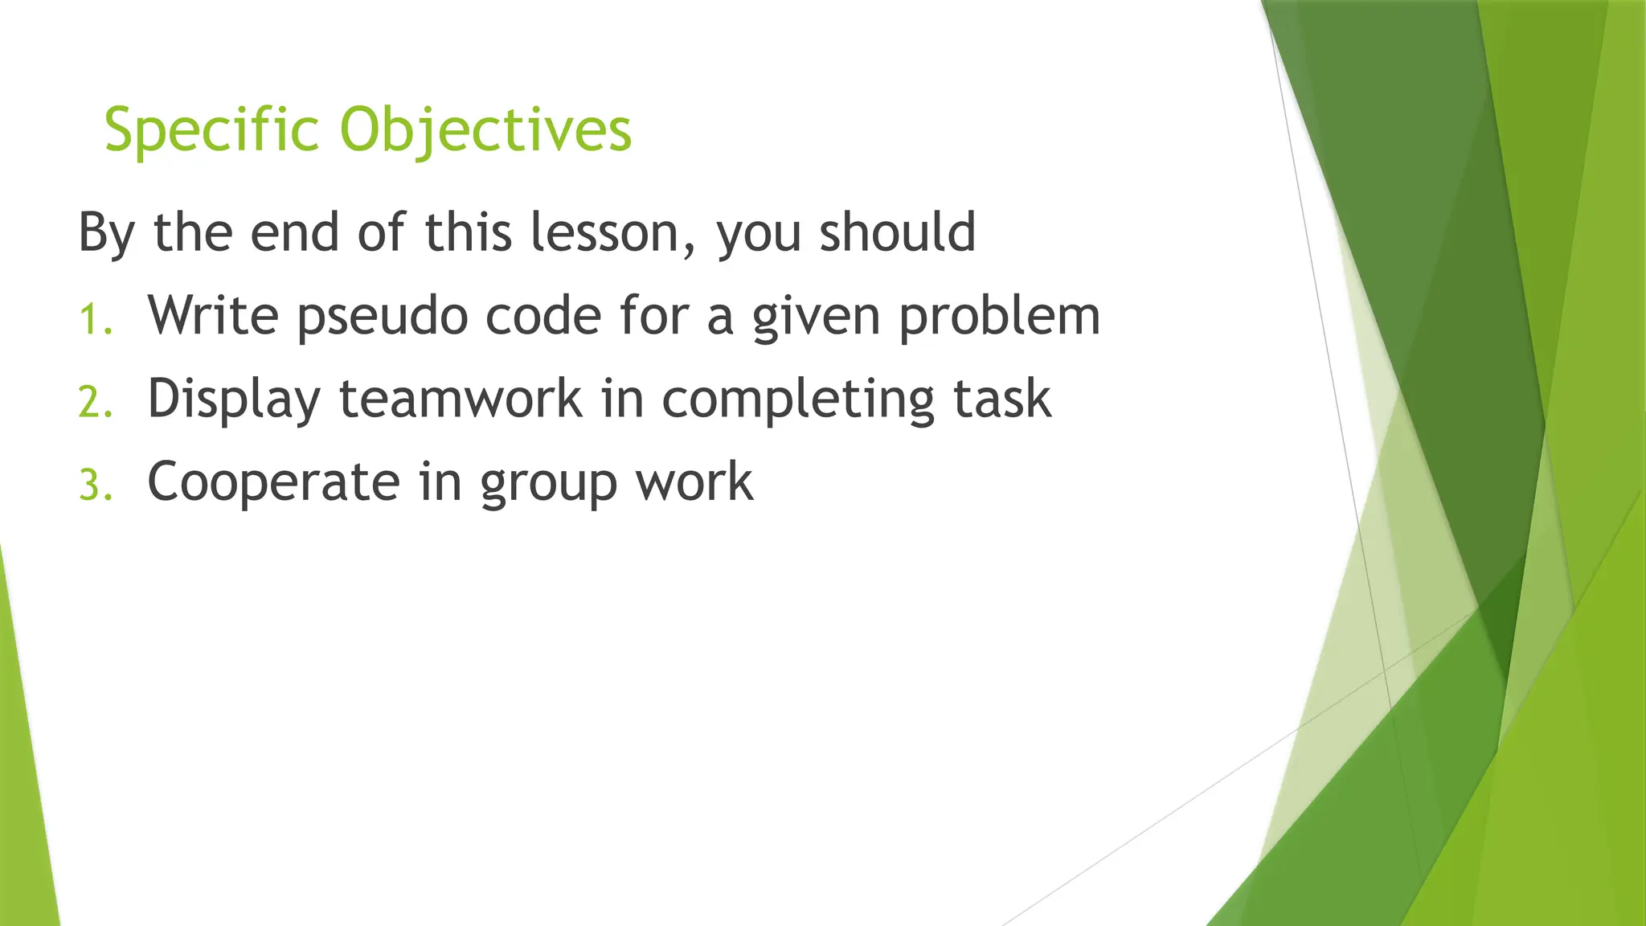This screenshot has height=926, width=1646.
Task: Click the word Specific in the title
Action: point(211,129)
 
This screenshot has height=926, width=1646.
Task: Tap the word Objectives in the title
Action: point(485,129)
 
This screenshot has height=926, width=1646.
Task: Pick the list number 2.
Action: point(95,403)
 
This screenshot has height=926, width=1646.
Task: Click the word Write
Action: point(213,315)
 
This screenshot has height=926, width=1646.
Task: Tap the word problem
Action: point(999,317)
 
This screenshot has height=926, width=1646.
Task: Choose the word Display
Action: point(234,399)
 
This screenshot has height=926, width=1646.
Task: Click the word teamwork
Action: point(461,399)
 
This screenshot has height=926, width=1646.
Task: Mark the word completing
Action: point(798,399)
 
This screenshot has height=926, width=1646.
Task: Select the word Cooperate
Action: point(273,483)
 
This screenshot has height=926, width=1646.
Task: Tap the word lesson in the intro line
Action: point(604,232)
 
